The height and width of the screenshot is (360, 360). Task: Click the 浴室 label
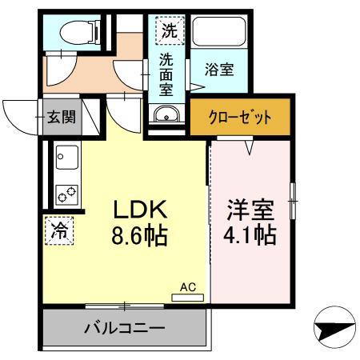pyautogui.click(x=220, y=70)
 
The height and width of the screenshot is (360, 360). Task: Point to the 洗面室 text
pyautogui.click(x=167, y=76)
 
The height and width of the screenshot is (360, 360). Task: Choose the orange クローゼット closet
pyautogui.click(x=241, y=117)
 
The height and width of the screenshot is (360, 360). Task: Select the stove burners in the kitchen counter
pyautogui.click(x=65, y=193)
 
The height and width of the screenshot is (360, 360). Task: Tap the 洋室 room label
pyautogui.click(x=250, y=211)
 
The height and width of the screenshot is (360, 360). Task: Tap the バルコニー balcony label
pyautogui.click(x=124, y=328)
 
